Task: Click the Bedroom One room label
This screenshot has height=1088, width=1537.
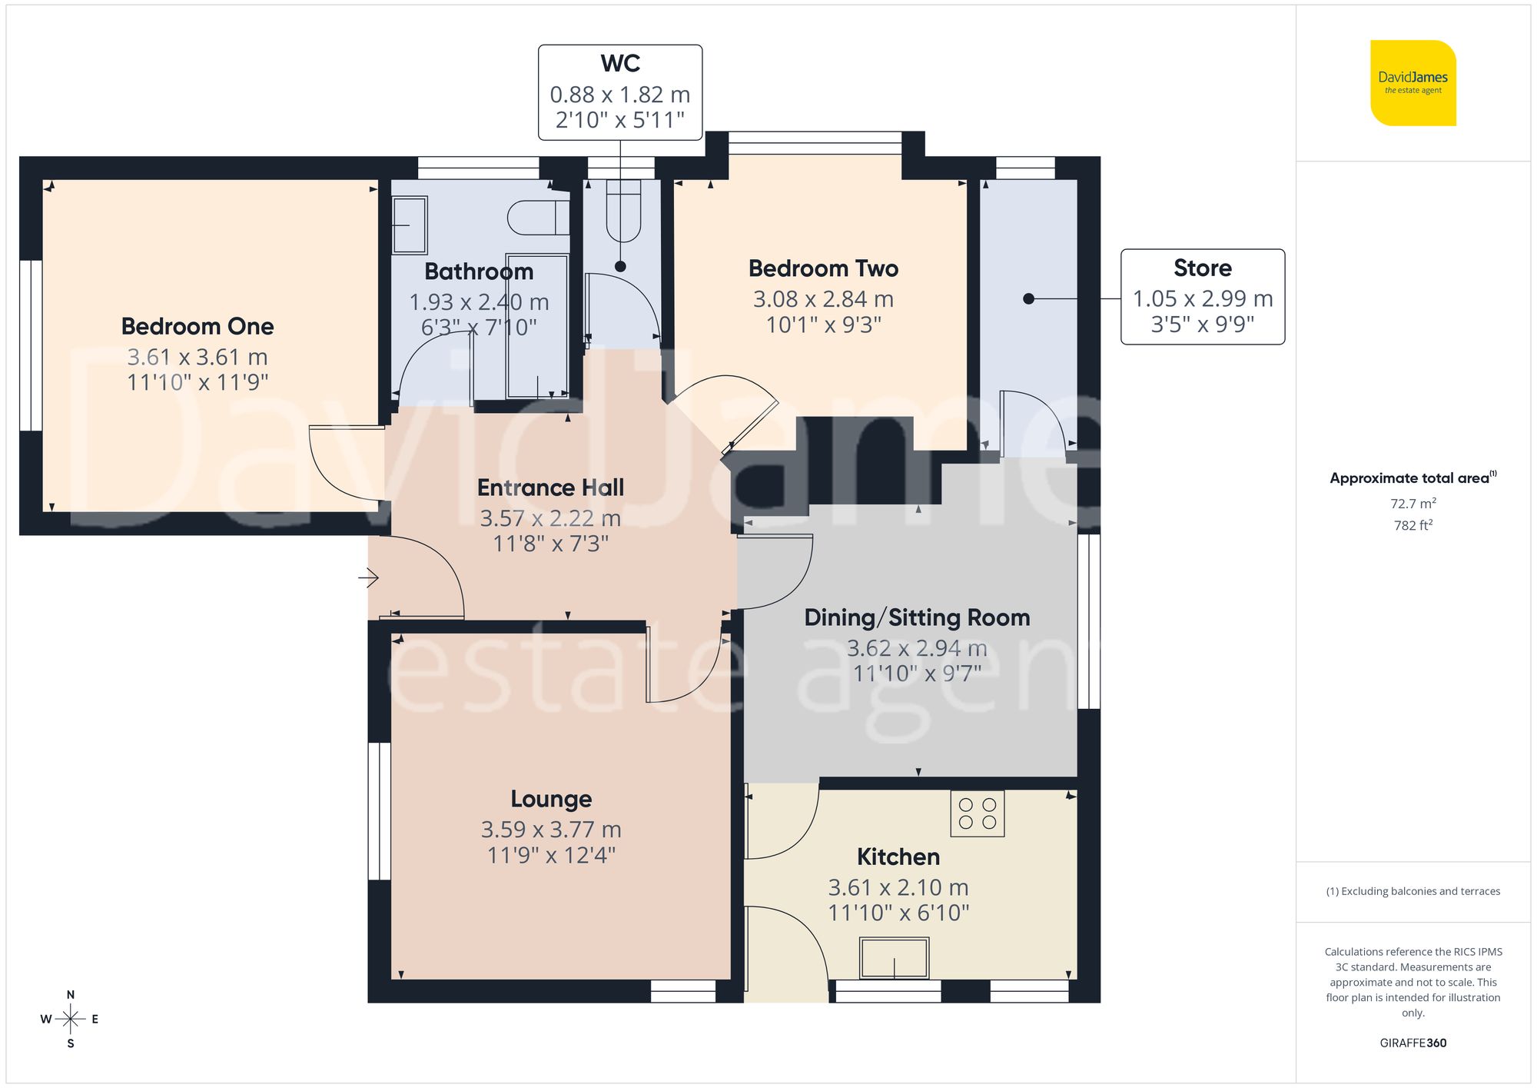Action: (x=198, y=326)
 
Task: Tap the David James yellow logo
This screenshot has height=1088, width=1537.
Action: (x=1413, y=83)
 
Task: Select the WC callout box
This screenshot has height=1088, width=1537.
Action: (x=619, y=92)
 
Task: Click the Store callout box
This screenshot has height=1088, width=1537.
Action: (x=1202, y=297)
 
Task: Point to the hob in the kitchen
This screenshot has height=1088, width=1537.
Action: (x=977, y=814)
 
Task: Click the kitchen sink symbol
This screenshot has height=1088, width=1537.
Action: (x=894, y=958)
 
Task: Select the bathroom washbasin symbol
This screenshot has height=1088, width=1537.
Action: (x=410, y=225)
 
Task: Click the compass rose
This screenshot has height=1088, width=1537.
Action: (x=71, y=1020)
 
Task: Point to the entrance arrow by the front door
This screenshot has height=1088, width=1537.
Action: (x=369, y=577)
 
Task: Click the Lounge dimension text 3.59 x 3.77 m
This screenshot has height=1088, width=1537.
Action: (x=551, y=830)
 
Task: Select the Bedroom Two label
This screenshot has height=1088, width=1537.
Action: (x=823, y=268)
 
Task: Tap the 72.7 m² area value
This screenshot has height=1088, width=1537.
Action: (x=1413, y=504)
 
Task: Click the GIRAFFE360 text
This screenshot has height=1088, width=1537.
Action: (x=1413, y=1043)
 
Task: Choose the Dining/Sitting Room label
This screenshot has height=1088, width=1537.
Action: (x=917, y=617)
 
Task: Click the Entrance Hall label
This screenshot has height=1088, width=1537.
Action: (x=550, y=487)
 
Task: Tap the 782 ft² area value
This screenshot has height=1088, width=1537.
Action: (x=1413, y=525)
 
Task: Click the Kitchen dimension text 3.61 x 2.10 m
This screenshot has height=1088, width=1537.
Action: (x=898, y=887)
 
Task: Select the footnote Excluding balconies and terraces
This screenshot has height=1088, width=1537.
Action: (x=1413, y=891)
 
